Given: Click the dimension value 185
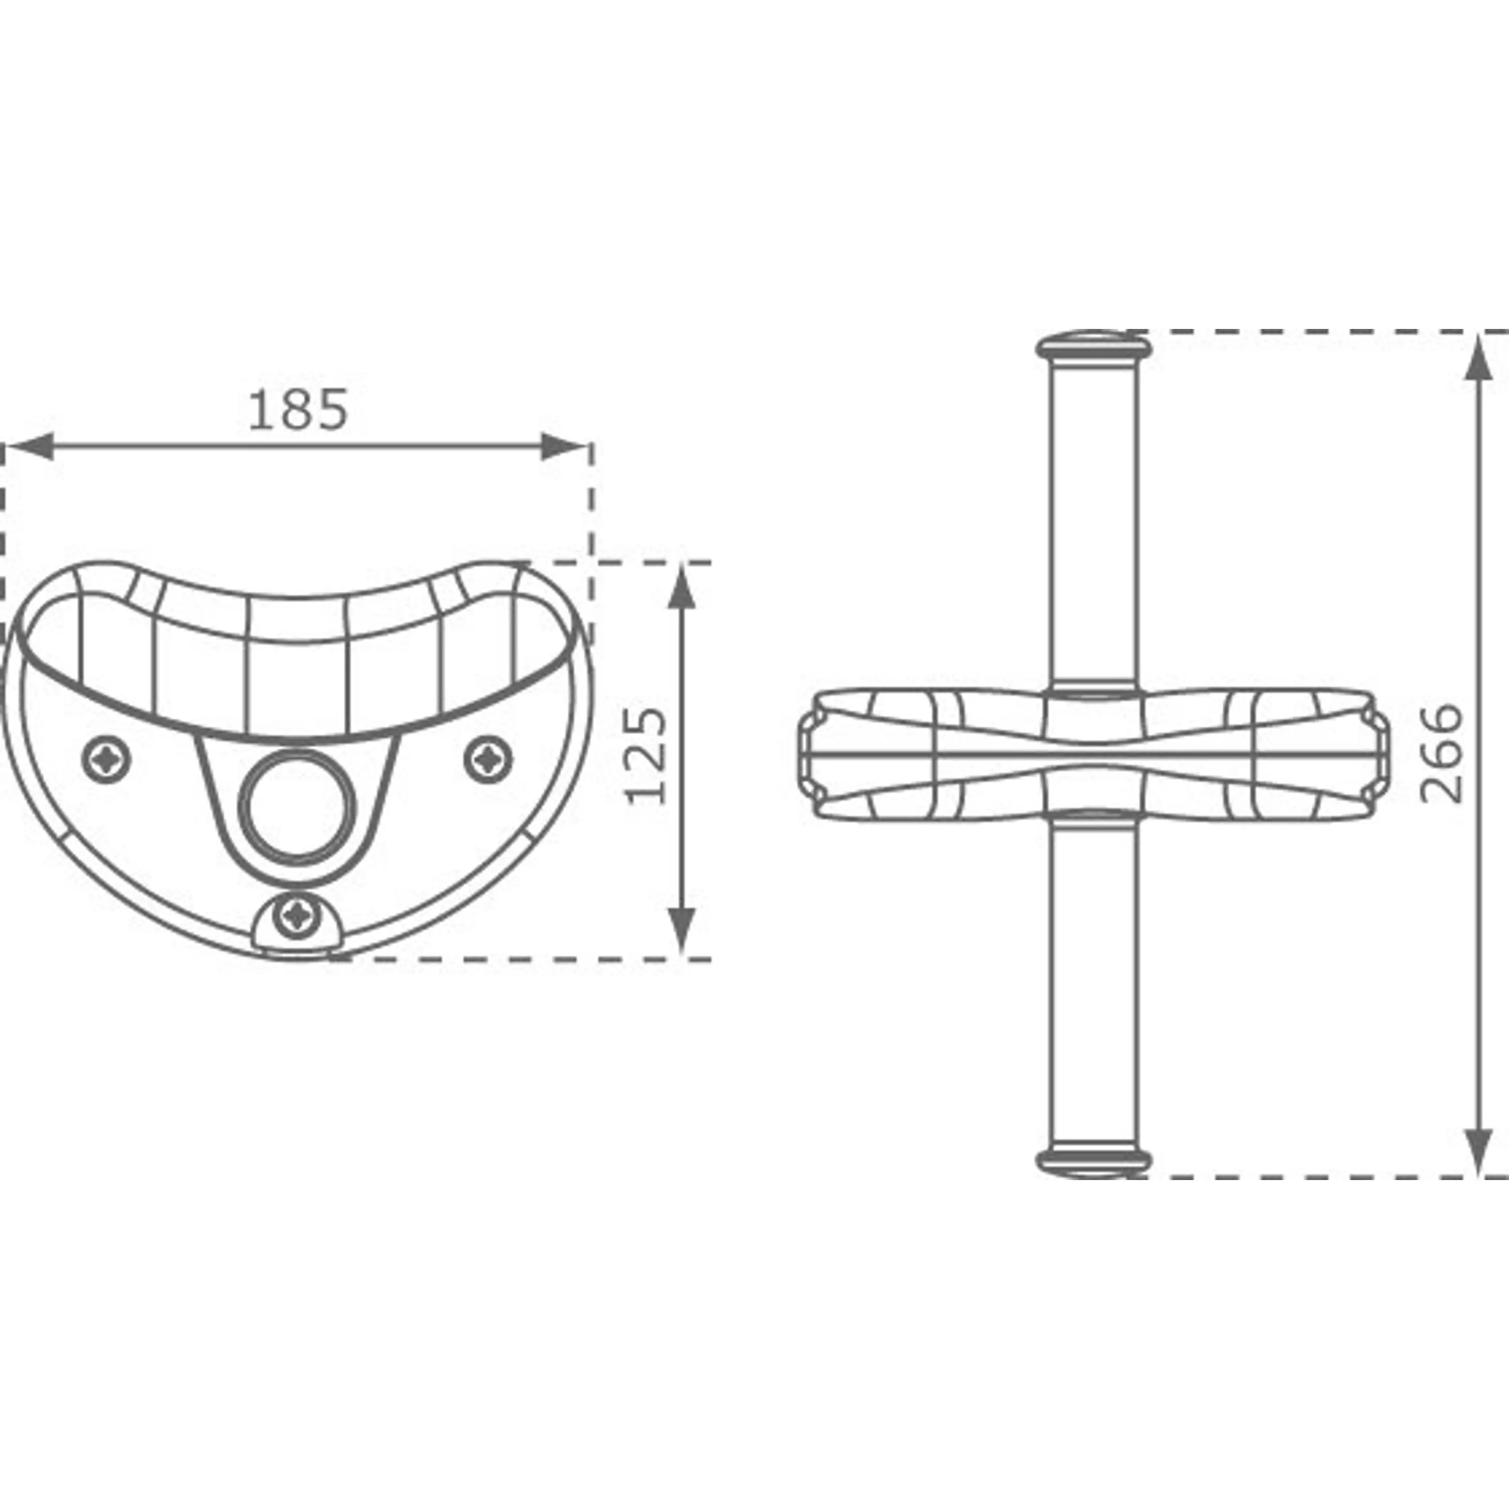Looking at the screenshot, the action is (x=298, y=410).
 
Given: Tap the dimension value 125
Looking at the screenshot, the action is (x=647, y=756).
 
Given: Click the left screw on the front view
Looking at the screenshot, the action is (x=106, y=757).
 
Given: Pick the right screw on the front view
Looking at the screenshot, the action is (x=489, y=757).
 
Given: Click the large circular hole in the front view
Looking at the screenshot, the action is (x=298, y=809).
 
